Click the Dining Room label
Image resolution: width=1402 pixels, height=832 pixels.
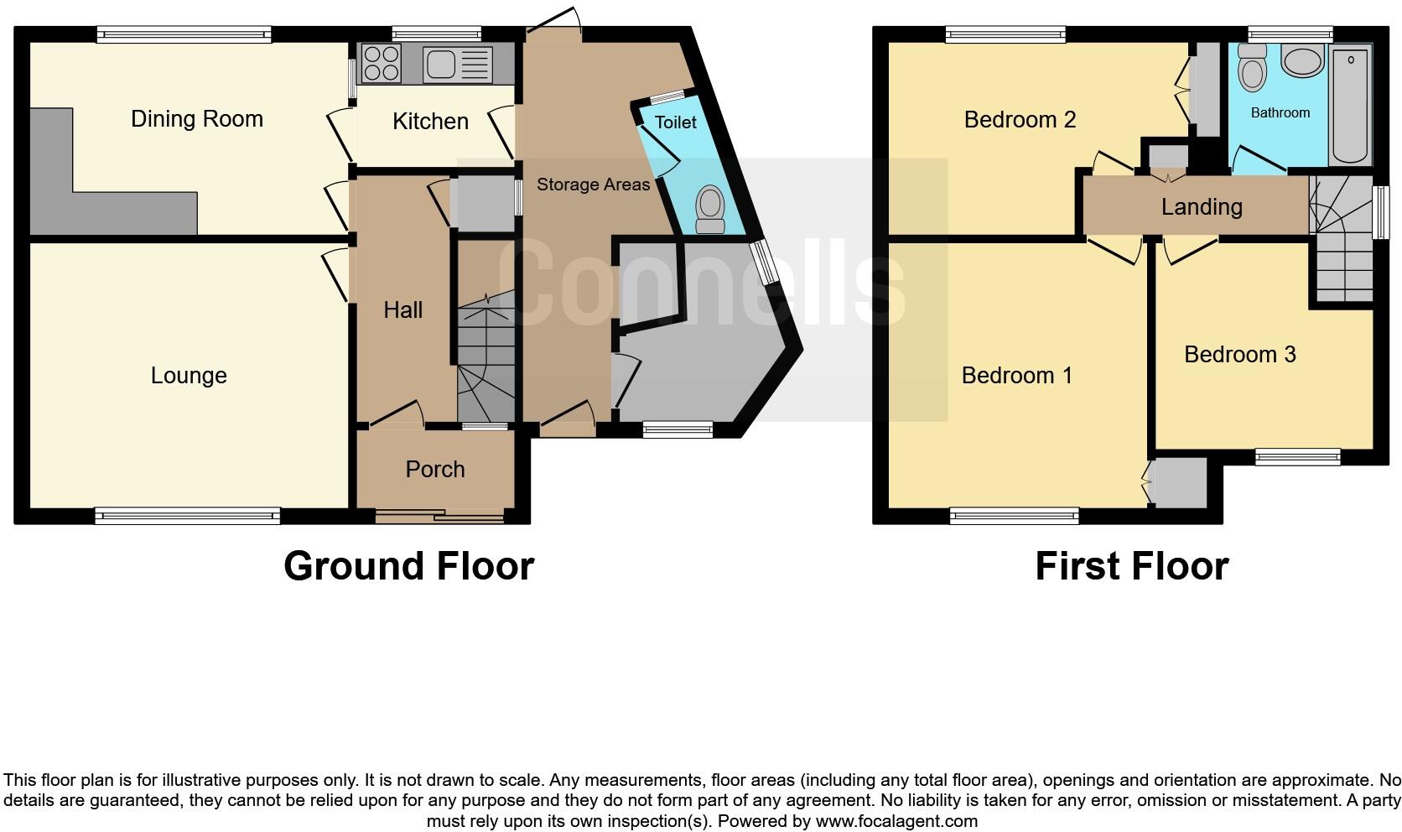click(x=197, y=119)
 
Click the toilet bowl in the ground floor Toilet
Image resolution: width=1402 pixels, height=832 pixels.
click(x=710, y=208)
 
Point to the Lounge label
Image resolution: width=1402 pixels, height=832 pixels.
click(x=189, y=375)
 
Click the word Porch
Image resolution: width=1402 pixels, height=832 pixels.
click(x=434, y=469)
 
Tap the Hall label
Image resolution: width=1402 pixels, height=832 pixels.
click(x=402, y=309)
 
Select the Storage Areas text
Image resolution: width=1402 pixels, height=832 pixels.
click(x=593, y=185)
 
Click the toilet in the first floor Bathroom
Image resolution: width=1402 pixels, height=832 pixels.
click(x=1252, y=67)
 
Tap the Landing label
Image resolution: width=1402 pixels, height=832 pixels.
click(x=1201, y=206)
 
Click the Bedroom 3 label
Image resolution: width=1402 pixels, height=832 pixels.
click(x=1239, y=354)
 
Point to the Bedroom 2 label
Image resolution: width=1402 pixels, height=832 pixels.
click(x=1020, y=119)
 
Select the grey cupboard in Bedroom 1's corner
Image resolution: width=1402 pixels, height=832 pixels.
click(x=1179, y=482)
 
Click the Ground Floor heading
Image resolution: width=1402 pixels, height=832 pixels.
click(x=408, y=566)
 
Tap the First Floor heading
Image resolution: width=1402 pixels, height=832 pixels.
click(x=1131, y=566)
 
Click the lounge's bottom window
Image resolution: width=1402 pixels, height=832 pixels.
click(x=187, y=516)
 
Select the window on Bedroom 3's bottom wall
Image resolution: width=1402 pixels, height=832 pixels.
click(x=1297, y=457)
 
